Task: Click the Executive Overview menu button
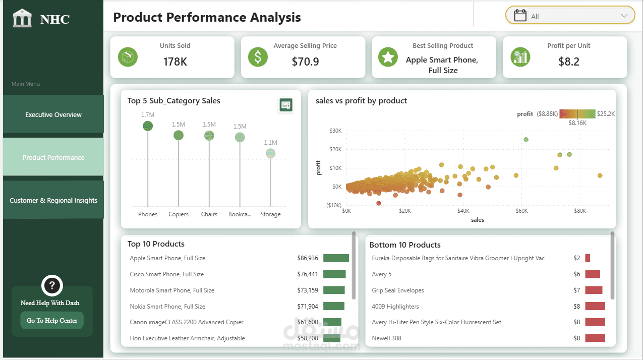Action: pyautogui.click(x=53, y=114)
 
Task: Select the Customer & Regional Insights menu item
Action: pyautogui.click(x=53, y=200)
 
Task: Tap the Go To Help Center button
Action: pyautogui.click(x=52, y=320)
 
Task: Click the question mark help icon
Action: pyautogui.click(x=52, y=285)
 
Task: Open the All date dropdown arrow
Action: pyautogui.click(x=624, y=16)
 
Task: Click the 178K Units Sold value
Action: pyautogui.click(x=175, y=62)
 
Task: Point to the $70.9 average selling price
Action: pyautogui.click(x=305, y=62)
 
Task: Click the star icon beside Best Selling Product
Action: pyautogui.click(x=388, y=57)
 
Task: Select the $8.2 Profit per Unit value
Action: pyautogui.click(x=569, y=62)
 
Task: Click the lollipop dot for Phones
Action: pyautogui.click(x=148, y=126)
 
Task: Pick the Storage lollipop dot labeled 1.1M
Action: pyautogui.click(x=270, y=154)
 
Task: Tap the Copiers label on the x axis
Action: pyautogui.click(x=179, y=214)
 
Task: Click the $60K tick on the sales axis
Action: pyautogui.click(x=521, y=211)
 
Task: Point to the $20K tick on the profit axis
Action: pyautogui.click(x=335, y=149)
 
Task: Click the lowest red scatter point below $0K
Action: pyautogui.click(x=379, y=203)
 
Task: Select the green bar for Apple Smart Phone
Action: pyautogui.click(x=336, y=258)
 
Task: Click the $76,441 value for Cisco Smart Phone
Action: pyautogui.click(x=308, y=274)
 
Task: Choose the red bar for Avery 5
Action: pyautogui.click(x=593, y=274)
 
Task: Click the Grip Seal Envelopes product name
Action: pyautogui.click(x=398, y=290)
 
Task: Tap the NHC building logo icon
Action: pyautogui.click(x=22, y=18)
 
